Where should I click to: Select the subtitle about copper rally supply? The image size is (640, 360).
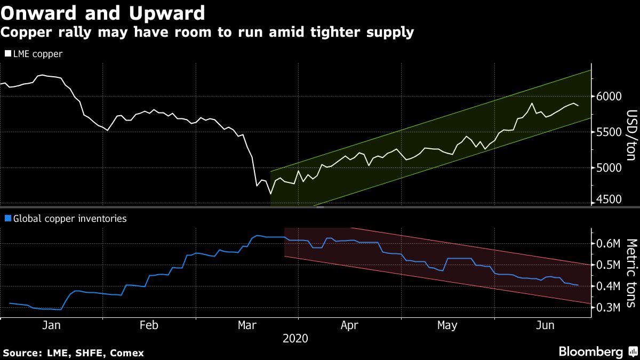point(207,33)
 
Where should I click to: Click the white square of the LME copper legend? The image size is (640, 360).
point(7,54)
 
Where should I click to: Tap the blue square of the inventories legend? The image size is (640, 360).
point(7,218)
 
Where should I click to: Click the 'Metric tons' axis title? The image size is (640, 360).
point(631,273)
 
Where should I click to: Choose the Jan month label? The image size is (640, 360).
point(52,325)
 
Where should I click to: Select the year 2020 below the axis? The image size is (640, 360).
point(295,338)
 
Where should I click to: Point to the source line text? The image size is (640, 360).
point(74,353)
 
